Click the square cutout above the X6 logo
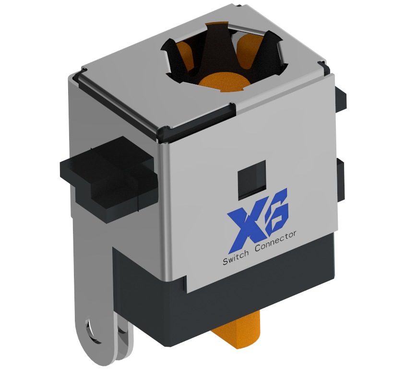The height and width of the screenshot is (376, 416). [251, 180]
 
